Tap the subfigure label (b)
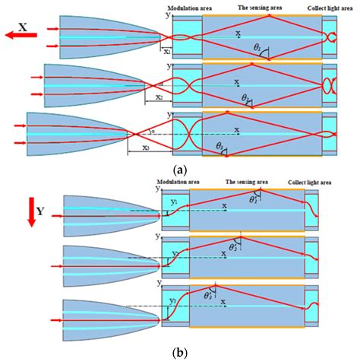point(179,352)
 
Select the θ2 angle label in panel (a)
point(246,98)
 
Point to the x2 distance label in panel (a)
point(159,98)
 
